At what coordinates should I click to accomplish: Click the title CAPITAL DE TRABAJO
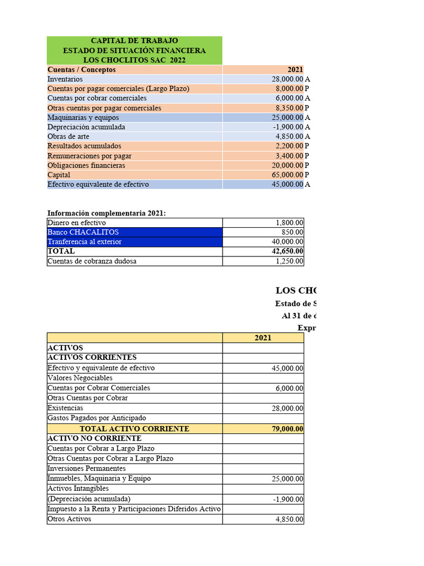pyautogui.click(x=134, y=41)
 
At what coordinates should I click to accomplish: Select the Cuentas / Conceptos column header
pyautogui.click(x=82, y=70)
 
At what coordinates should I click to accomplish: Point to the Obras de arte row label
pyautogui.click(x=68, y=137)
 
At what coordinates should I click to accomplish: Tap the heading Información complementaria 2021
pyautogui.click(x=107, y=213)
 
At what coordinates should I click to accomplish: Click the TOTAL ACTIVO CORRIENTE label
pyautogui.click(x=134, y=428)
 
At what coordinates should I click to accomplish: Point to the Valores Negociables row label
pyautogui.click(x=80, y=378)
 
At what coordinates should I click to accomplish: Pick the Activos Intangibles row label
pyautogui.click(x=78, y=489)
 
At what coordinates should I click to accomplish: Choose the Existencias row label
pyautogui.click(x=65, y=408)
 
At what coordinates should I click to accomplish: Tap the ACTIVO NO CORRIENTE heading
pyautogui.click(x=94, y=438)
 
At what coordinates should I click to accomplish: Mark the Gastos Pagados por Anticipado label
pyautogui.click(x=97, y=418)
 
